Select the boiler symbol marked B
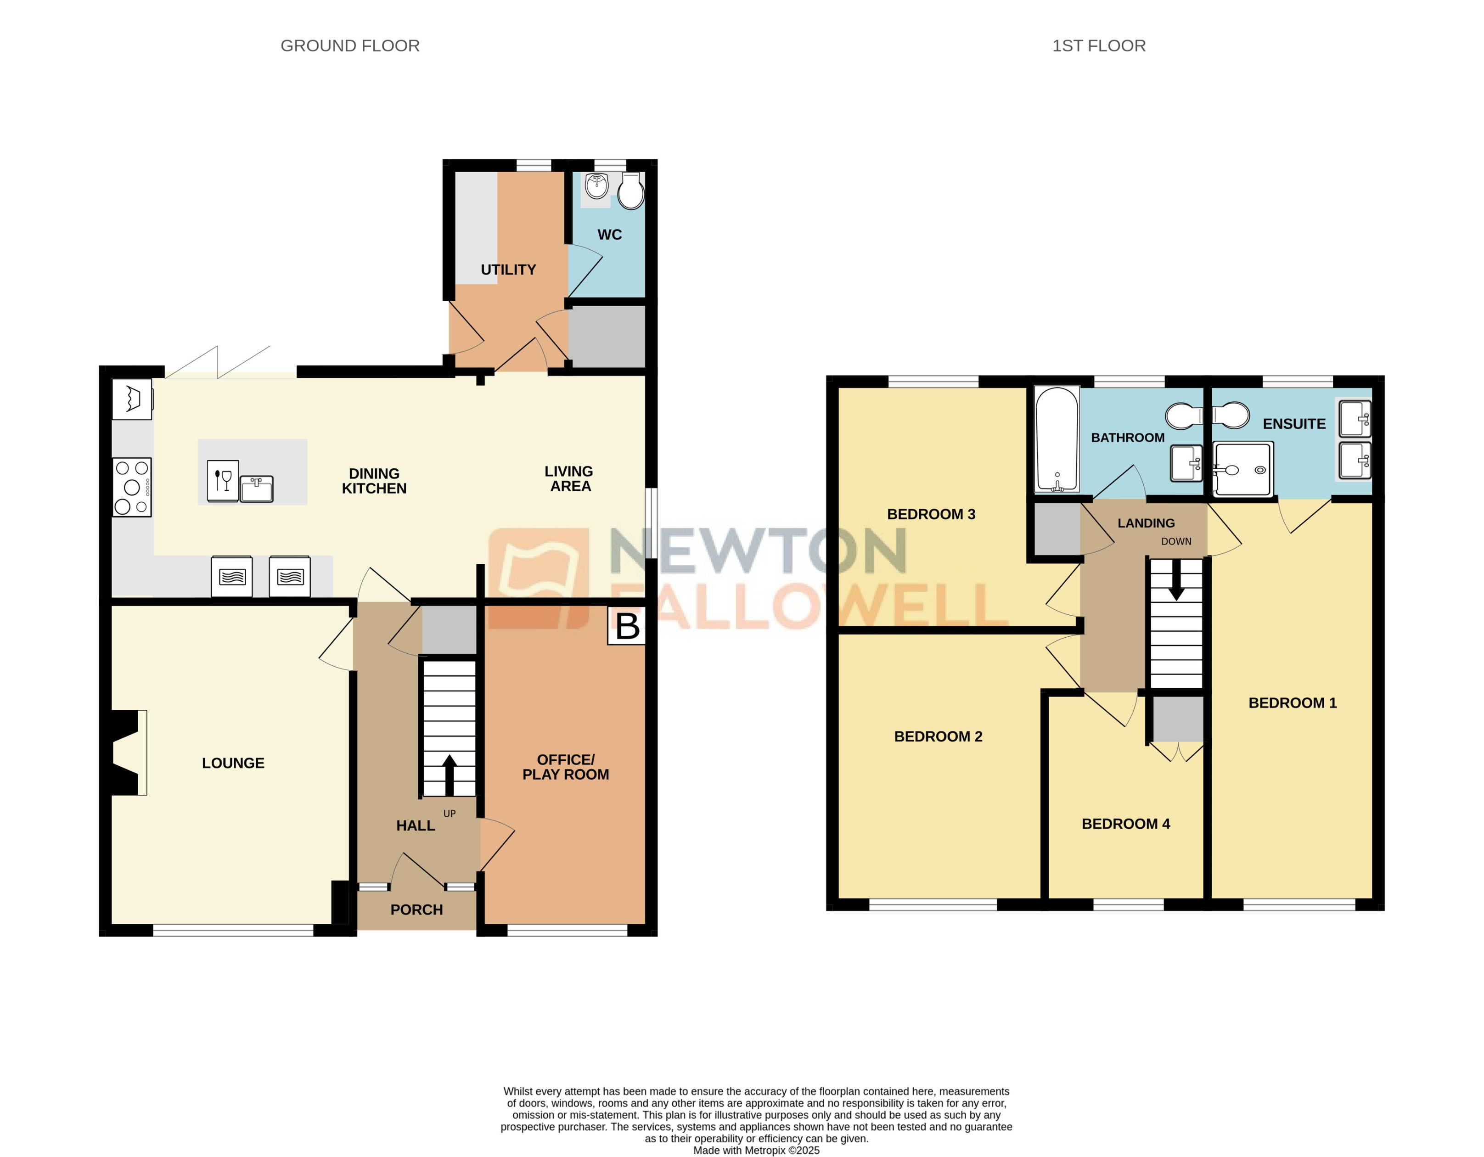[x=626, y=626]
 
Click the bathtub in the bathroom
[x=1057, y=439]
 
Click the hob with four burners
[x=132, y=487]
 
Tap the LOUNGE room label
[x=233, y=763]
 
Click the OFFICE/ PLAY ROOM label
[x=565, y=767]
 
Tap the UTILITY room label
[x=508, y=270]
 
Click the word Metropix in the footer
[x=765, y=1150]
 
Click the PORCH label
[x=416, y=910]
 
